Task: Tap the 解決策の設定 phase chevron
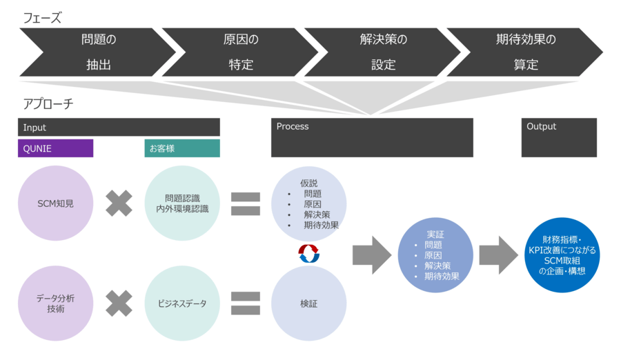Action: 383,52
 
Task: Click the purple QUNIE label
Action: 55,148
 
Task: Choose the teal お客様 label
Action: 182,148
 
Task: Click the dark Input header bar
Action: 119,127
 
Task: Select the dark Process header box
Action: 372,137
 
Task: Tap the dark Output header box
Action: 559,137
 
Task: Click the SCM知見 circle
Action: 55,203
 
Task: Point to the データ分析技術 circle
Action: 55,303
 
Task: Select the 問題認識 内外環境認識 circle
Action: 182,203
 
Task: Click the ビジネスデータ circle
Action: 182,303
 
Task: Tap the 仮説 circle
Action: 309,204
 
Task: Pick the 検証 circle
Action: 309,303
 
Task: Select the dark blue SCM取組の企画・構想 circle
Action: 562,254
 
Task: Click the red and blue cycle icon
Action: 309,254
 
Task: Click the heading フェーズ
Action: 42,19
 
